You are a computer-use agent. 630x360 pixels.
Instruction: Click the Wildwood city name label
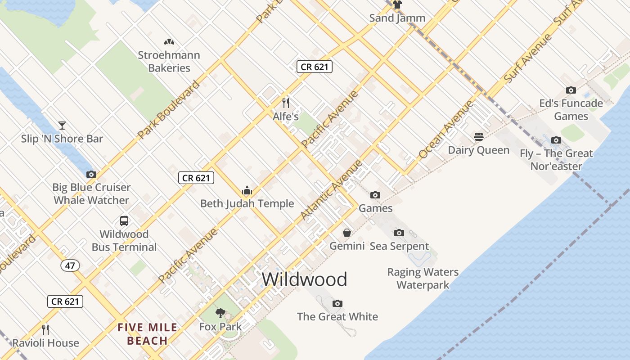[304, 279]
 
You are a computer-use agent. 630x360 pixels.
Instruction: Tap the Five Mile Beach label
[148, 334]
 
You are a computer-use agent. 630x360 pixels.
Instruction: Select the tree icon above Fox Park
[220, 313]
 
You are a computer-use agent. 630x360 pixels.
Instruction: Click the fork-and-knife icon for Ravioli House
[45, 330]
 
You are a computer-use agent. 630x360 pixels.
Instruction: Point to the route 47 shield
[70, 265]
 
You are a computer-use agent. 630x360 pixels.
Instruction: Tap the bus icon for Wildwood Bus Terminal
[124, 221]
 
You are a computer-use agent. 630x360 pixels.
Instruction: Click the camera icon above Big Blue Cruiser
[91, 174]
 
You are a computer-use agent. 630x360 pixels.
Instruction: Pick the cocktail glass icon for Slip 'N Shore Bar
[62, 126]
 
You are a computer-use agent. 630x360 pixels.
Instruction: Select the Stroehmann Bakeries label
[169, 62]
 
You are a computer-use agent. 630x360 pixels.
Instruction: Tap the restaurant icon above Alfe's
[285, 103]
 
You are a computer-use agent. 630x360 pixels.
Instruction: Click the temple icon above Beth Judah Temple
[247, 190]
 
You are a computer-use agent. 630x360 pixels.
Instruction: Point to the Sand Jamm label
[397, 18]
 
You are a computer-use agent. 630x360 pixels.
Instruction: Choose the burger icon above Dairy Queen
[479, 137]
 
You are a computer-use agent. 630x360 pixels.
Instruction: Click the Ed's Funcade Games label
[571, 110]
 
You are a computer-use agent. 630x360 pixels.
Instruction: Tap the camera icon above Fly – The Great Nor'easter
[556, 140]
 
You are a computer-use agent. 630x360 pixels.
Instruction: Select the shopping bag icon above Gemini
[347, 233]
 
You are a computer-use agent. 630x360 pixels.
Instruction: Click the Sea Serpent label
[399, 246]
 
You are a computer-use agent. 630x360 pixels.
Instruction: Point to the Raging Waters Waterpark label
[423, 279]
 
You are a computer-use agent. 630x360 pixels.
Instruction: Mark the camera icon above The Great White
[337, 303]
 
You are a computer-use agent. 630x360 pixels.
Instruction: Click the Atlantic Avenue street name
[332, 190]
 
